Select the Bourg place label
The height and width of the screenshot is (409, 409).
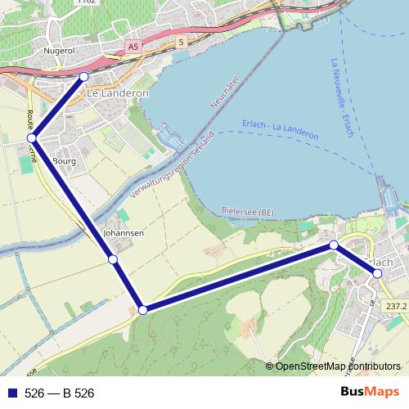64,161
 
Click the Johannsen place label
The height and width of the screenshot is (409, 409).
124,233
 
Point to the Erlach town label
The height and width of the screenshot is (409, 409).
380,261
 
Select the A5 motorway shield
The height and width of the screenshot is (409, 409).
133,48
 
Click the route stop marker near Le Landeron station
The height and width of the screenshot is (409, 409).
83,77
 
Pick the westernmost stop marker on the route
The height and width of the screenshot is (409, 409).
31,139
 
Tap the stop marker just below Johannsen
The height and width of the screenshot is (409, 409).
113,260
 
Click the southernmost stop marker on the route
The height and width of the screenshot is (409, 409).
143,309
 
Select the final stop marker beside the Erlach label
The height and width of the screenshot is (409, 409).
377,273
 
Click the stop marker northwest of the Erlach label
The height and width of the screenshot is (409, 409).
334,245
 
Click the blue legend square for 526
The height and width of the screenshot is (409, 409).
11,393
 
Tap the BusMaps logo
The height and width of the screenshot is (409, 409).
371,392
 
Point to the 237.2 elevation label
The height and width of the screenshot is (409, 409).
396,306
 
